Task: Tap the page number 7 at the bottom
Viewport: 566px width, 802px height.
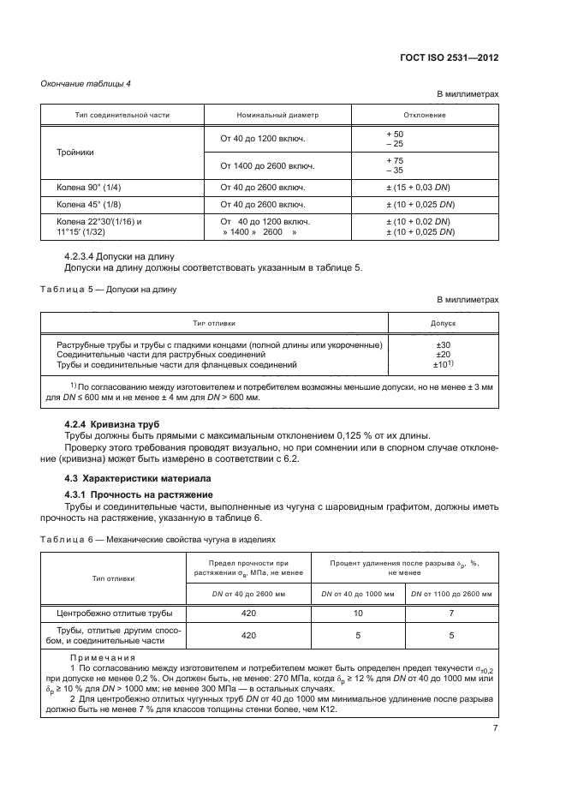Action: click(x=495, y=703)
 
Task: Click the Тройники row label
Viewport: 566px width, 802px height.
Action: click(x=75, y=152)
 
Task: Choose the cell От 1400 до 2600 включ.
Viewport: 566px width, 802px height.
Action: click(x=263, y=165)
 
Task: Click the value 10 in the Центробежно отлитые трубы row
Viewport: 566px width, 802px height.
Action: click(x=358, y=613)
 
